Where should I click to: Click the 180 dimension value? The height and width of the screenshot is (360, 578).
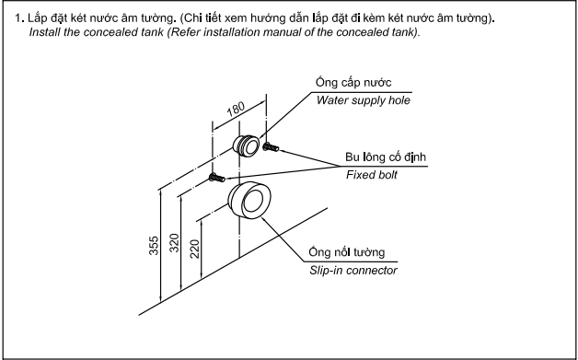coord(236,109)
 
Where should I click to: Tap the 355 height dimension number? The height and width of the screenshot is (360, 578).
coord(154,245)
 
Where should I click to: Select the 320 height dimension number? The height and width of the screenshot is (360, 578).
coord(174,243)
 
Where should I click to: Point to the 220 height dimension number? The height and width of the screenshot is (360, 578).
coord(195,249)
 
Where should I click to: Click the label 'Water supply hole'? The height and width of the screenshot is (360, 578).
coord(364,100)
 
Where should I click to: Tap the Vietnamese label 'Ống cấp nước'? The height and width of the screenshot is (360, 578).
coord(353,82)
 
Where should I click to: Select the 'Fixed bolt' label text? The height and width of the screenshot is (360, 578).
coord(372,175)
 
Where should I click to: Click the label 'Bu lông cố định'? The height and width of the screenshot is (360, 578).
coord(386,157)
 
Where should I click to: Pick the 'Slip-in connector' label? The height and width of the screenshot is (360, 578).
coord(353,271)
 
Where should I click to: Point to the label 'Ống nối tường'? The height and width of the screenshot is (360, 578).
coord(347,252)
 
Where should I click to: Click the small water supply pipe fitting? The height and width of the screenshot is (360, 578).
coord(247,145)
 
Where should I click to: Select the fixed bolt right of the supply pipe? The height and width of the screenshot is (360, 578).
coord(271,147)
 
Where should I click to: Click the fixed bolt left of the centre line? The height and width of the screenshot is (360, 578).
coord(217,178)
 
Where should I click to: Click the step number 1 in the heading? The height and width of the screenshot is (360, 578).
coord(18,18)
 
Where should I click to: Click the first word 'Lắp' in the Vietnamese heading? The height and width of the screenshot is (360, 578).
coord(37,17)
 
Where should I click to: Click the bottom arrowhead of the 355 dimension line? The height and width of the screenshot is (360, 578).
coord(161,298)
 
